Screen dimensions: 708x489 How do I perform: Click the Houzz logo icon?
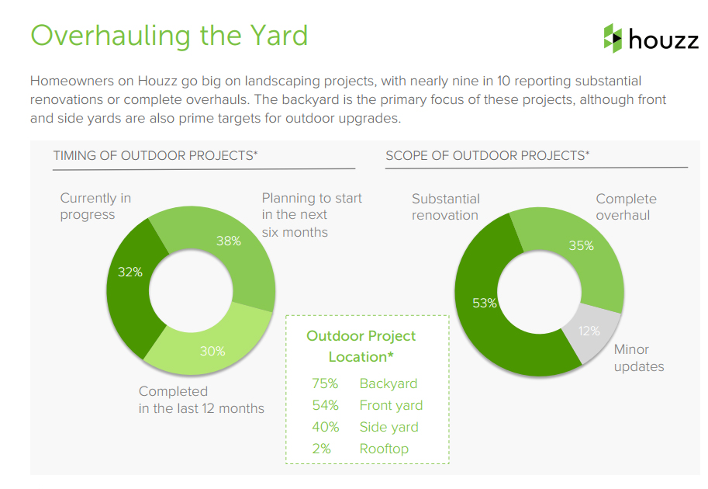(x=613, y=38)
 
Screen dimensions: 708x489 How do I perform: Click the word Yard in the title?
(x=278, y=35)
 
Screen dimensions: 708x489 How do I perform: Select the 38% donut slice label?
(x=229, y=241)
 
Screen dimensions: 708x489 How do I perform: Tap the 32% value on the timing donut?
(x=130, y=272)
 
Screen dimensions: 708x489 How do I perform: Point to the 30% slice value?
(x=212, y=351)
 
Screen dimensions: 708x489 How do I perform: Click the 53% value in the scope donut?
(x=485, y=303)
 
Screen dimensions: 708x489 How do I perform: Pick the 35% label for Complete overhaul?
(x=581, y=245)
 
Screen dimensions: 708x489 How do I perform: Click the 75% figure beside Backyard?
(x=325, y=383)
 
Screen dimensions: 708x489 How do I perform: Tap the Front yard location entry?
(x=391, y=405)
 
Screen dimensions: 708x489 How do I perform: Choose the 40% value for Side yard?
(x=326, y=427)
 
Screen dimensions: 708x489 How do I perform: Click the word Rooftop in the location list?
(x=384, y=449)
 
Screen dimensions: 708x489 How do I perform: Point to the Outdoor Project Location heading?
(x=361, y=346)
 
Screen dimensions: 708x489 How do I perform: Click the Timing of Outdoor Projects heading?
(x=155, y=155)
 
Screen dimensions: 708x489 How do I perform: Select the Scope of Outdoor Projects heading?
(x=488, y=155)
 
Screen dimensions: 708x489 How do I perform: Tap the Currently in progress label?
(x=95, y=206)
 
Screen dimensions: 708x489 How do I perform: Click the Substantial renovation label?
(x=446, y=207)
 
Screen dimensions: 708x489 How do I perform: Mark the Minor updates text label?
(x=639, y=358)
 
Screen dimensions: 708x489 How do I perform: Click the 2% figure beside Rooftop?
(x=322, y=449)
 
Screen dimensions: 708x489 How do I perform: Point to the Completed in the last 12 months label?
(x=202, y=400)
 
